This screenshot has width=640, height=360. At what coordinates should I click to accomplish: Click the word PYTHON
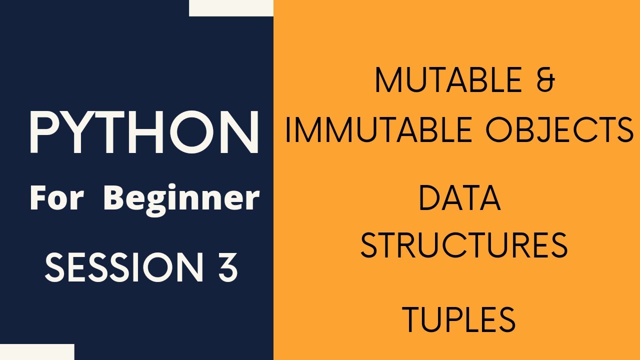point(144,132)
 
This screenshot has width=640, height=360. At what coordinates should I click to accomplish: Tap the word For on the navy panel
point(57,198)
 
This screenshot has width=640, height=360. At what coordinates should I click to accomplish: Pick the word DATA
point(459,197)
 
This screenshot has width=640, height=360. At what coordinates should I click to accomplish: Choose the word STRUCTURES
point(464,245)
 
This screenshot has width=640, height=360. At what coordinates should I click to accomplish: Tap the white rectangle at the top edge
point(231,7)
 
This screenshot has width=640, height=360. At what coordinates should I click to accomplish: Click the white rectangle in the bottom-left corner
point(37,352)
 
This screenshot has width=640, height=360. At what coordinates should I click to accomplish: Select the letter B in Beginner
point(115,198)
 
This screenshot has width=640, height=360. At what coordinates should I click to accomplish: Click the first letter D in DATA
point(428,197)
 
